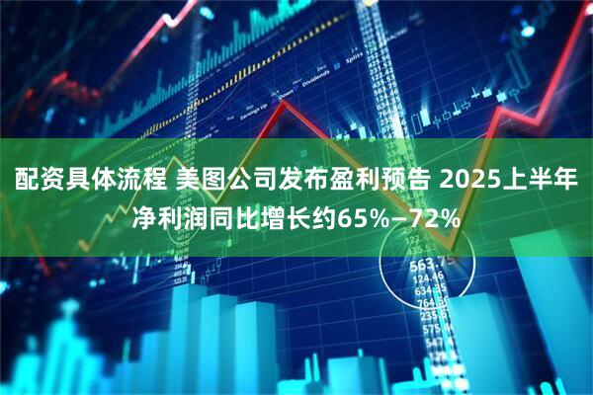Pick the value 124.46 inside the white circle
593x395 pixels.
point(428,279)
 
